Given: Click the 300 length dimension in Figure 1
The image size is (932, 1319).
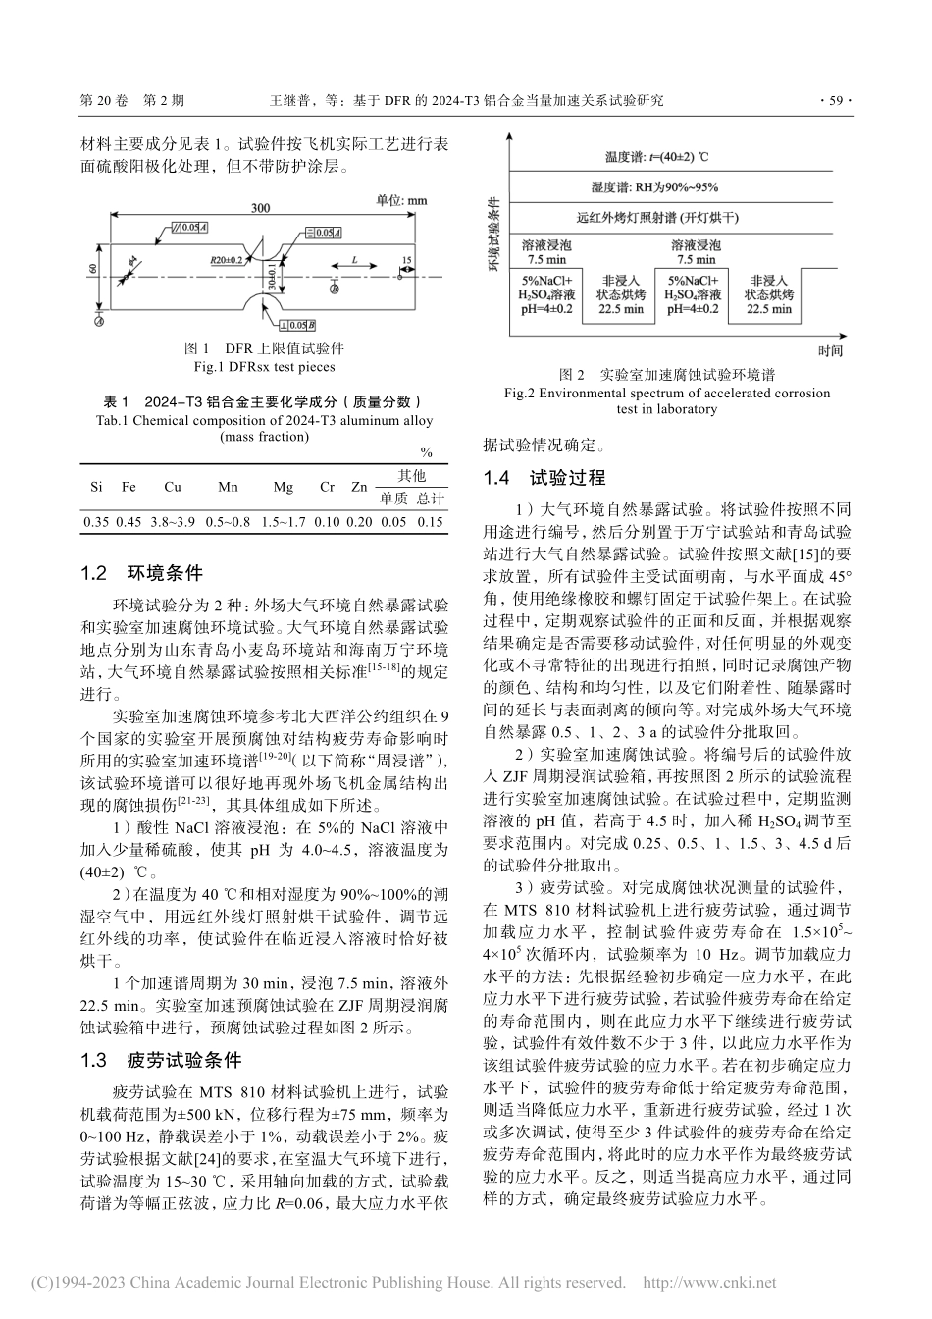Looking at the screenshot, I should [260, 208].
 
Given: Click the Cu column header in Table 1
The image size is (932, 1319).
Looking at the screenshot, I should [173, 487].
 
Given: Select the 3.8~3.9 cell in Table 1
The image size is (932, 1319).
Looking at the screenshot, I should [173, 521].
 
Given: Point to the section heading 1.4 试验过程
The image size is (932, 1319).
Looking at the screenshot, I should [544, 478].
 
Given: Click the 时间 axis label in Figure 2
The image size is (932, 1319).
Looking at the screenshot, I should [829, 349].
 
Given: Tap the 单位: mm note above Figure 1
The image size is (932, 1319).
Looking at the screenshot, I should [402, 200].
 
